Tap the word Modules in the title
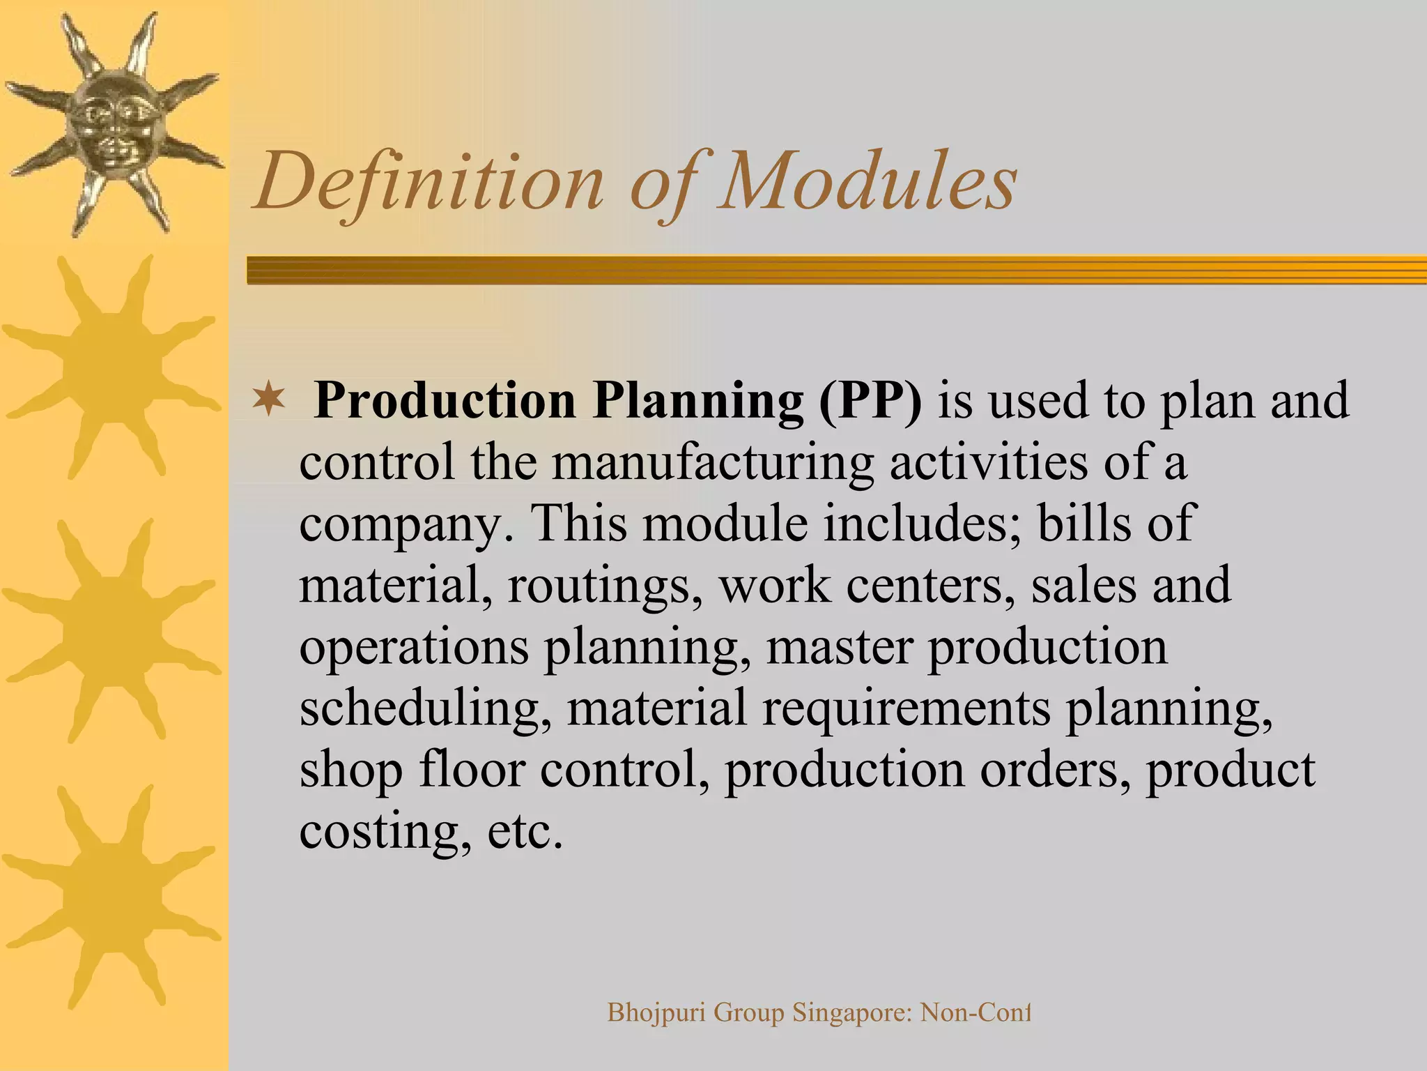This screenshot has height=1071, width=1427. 867,183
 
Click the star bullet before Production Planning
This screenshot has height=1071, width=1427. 269,400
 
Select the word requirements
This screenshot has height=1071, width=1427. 906,708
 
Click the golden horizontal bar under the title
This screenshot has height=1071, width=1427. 836,270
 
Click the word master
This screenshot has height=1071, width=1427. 839,647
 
